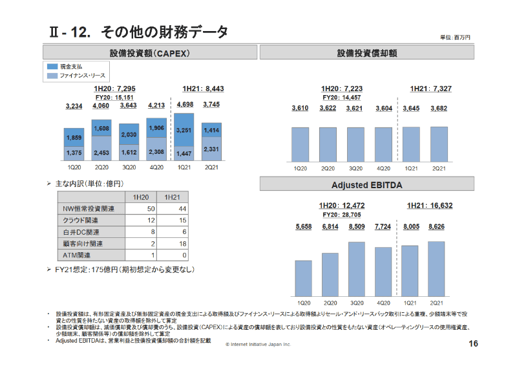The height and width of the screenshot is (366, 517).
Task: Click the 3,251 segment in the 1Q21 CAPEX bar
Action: click(x=184, y=130)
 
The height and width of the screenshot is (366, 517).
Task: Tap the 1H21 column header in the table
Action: click(x=172, y=197)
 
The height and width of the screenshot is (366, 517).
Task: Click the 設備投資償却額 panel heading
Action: click(x=366, y=52)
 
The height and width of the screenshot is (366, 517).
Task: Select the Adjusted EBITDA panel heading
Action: click(x=366, y=185)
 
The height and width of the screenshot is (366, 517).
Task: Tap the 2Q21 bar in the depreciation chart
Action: click(x=439, y=143)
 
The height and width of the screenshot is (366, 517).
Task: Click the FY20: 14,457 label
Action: click(x=341, y=97)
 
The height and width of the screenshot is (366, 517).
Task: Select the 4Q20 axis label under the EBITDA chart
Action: click(x=383, y=303)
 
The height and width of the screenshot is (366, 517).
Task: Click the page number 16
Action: click(x=473, y=343)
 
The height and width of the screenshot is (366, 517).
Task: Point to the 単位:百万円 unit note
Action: click(x=455, y=38)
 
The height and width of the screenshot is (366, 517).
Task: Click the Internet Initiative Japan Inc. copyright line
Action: click(x=258, y=345)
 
